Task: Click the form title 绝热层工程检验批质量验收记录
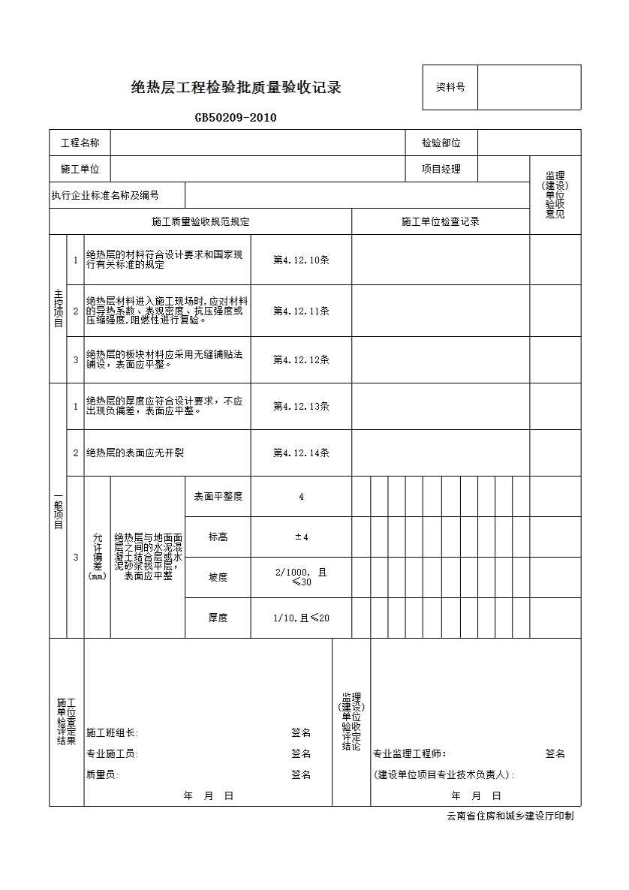tap(236, 88)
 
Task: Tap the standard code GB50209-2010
tap(236, 117)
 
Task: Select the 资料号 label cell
tap(450, 87)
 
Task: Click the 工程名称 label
tap(80, 143)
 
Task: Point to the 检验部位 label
tap(441, 143)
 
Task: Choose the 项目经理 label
tap(441, 169)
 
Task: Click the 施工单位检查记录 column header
tap(441, 221)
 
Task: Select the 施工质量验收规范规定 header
tap(200, 221)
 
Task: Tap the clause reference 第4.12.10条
tap(301, 260)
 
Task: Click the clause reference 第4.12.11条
tap(301, 311)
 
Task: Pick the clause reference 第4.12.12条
tap(301, 359)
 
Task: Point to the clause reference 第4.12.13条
tap(301, 406)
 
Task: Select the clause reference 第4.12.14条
tap(301, 453)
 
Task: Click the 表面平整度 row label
tap(218, 496)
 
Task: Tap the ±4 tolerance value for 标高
tap(301, 537)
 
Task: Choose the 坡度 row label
tap(218, 577)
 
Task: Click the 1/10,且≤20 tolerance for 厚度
tap(301, 618)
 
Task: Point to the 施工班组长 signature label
tap(113, 732)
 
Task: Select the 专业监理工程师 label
tap(410, 753)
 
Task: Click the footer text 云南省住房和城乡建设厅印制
tap(510, 816)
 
